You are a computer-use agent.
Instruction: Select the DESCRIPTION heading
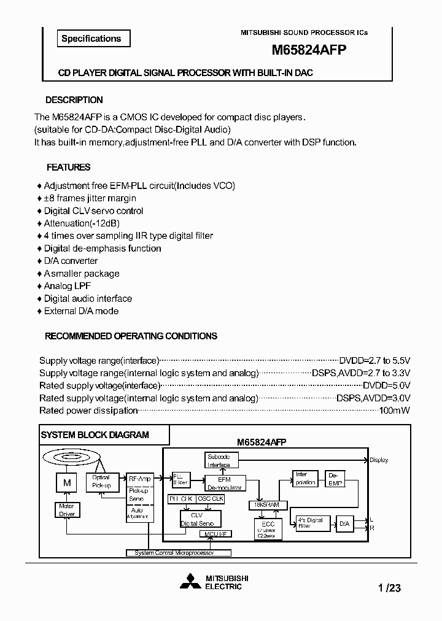pos(74,100)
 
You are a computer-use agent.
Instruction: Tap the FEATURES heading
pos(69,167)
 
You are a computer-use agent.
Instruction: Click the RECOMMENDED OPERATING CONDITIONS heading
pos(131,336)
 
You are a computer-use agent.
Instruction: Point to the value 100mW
pos(394,411)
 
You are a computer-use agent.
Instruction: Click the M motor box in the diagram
pos(66,483)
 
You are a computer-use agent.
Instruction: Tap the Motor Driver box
pos(66,510)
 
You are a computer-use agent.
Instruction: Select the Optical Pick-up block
pos(101,481)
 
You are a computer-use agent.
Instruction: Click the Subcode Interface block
pos(218,460)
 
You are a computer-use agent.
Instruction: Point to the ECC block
pos(268,528)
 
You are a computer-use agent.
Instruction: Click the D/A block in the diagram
pos(344,523)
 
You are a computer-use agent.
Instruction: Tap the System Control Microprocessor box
pos(170,553)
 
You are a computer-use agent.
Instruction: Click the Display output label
pos(379,460)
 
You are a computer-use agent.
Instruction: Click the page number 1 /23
pos(389,588)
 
